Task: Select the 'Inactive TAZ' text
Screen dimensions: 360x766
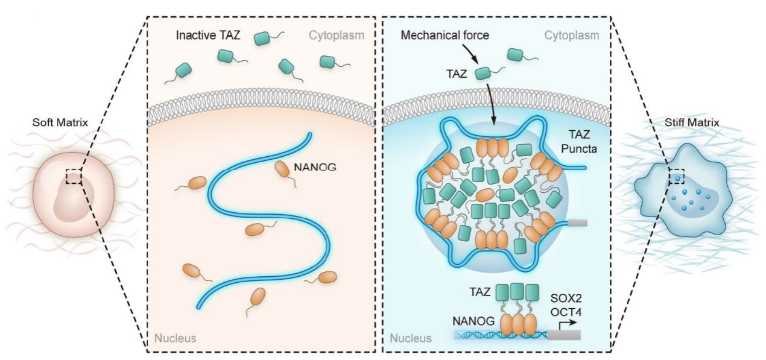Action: click(208, 36)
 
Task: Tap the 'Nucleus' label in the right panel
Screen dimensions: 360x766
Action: click(411, 338)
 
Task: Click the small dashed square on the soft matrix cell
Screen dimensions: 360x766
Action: click(74, 176)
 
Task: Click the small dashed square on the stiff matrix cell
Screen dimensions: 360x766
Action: click(676, 176)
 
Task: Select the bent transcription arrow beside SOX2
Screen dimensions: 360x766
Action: click(565, 326)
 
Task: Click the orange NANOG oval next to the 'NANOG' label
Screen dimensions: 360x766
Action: click(282, 169)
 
